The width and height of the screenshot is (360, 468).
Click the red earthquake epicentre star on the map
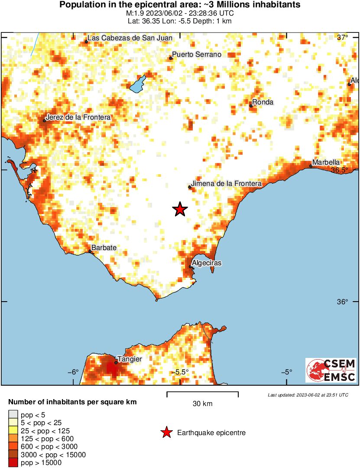coord(180,210)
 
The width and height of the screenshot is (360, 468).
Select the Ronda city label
coord(263,102)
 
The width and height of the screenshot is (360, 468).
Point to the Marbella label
coord(326,162)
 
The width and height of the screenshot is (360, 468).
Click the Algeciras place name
coord(207,263)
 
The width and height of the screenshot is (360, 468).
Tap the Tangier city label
coord(130,359)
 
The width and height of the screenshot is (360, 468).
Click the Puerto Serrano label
coord(197,55)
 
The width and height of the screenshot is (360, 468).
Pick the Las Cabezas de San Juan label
coord(130,38)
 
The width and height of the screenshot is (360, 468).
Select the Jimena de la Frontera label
coord(227,184)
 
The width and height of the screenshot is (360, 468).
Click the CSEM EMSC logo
coord(331,370)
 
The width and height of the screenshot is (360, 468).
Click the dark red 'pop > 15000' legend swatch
coord(13,462)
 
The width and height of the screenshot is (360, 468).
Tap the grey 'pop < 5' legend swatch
coord(13,415)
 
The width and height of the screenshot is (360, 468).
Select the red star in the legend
coord(166,432)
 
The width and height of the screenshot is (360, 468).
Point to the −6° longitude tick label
coord(73,372)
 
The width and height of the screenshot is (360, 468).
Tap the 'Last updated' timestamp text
coord(308,395)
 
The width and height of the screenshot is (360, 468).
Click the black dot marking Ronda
coord(251,106)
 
